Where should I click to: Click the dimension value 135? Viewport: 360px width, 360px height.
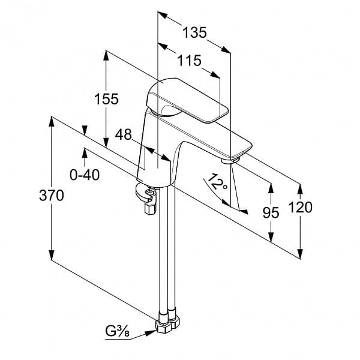coord(194,32)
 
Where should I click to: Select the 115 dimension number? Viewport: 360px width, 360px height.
coord(190,61)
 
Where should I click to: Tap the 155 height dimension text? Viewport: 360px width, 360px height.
coord(106,99)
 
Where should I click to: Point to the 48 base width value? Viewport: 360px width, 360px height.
coord(123,134)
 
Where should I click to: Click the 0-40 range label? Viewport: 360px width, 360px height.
coord(85,175)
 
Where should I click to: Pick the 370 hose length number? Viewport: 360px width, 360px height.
coord(52,196)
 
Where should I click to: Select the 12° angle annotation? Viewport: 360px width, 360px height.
coord(218,182)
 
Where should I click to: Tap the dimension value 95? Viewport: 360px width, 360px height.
coord(271,212)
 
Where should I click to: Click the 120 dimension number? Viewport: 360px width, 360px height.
coord(301,207)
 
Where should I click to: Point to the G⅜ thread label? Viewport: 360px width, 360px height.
coord(117,332)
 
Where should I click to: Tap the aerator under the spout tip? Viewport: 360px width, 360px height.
coord(230,160)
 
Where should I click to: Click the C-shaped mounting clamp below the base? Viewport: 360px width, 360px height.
coord(145,192)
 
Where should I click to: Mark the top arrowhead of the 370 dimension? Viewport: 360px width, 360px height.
coord(52,122)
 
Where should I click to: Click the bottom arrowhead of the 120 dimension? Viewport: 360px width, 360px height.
coord(300,253)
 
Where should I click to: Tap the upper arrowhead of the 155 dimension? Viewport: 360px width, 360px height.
coord(106,55)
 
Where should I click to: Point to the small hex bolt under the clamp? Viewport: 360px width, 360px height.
coord(150,209)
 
